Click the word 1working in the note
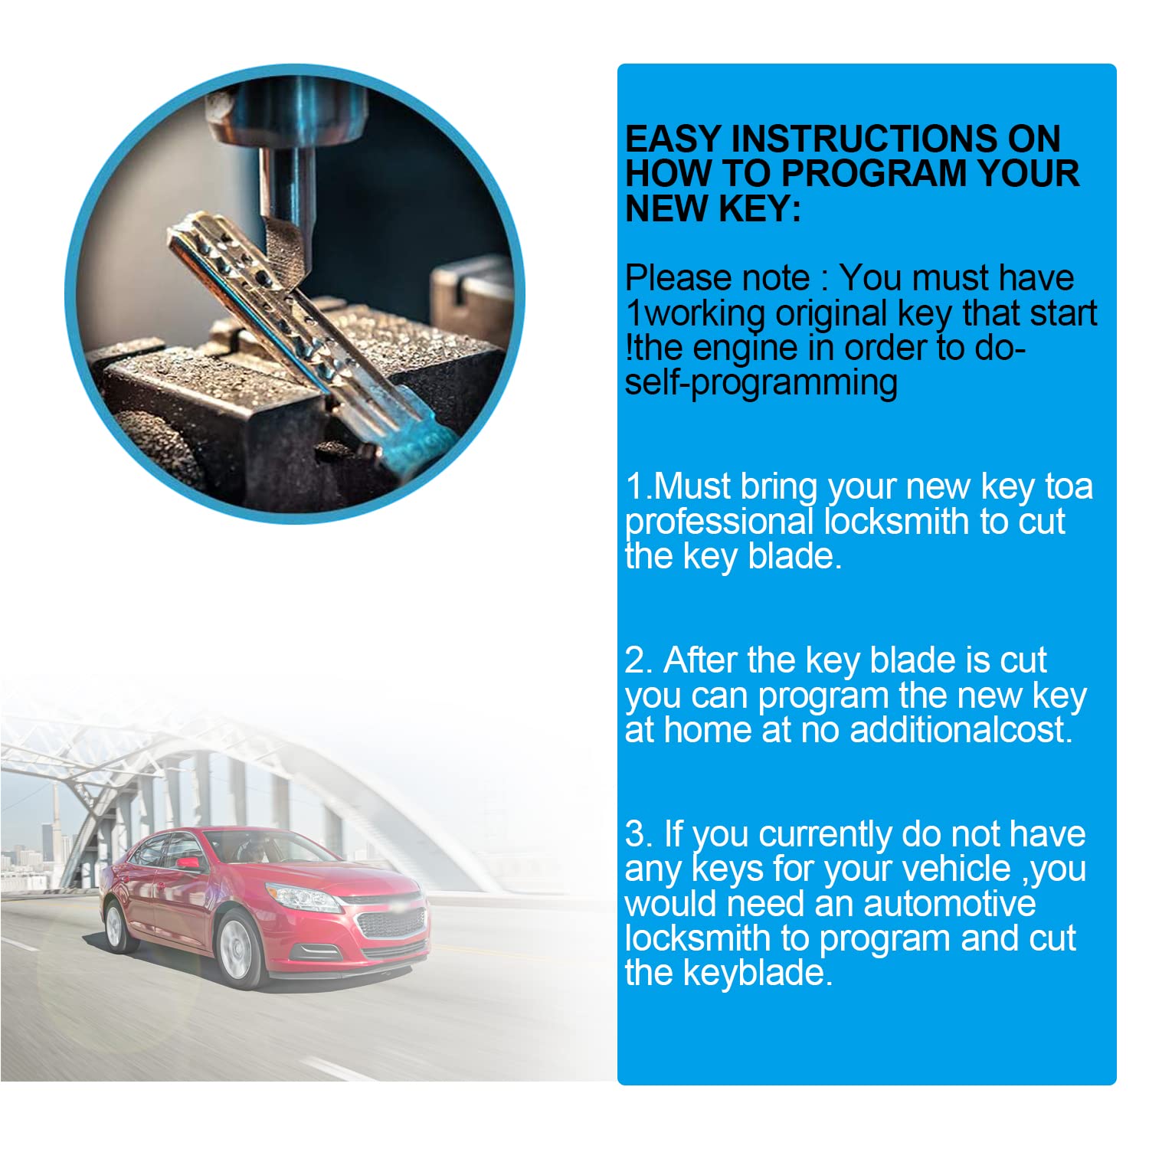[x=695, y=314]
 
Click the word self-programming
[x=761, y=383]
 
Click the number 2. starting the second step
[x=639, y=660]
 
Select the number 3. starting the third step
[x=639, y=834]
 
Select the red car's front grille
[x=391, y=922]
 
